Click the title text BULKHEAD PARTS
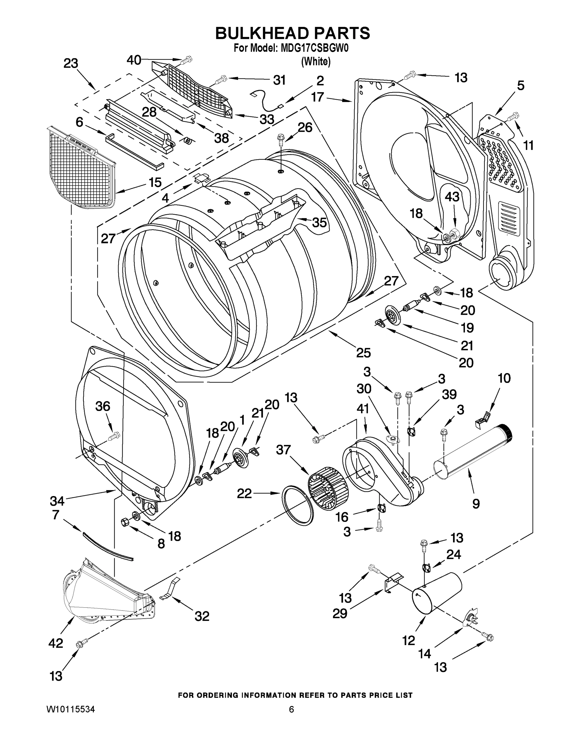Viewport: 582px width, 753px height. tap(292, 34)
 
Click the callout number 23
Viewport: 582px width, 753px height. tap(71, 63)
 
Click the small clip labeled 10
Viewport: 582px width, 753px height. tap(483, 419)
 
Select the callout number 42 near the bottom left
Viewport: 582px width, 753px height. tap(56, 643)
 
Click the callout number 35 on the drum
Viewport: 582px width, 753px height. tap(319, 222)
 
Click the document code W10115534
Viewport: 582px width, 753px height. tap(71, 709)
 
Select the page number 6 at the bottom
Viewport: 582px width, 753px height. tap(291, 709)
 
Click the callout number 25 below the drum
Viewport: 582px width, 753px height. tap(363, 352)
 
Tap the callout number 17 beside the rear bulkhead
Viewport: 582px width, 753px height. tap(318, 97)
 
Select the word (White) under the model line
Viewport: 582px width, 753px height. tap(316, 62)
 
